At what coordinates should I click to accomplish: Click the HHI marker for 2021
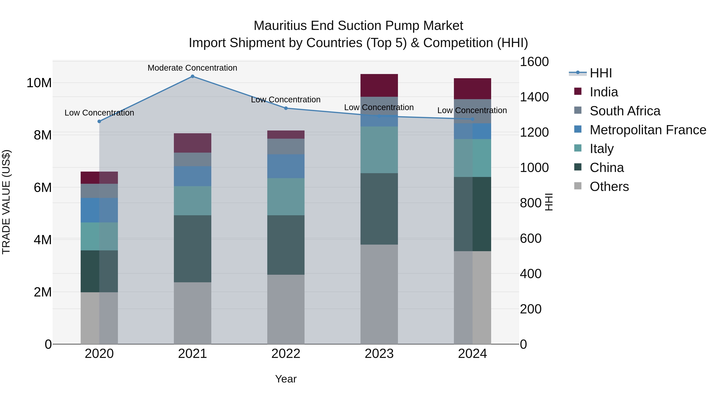192,76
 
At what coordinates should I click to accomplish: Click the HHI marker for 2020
99,121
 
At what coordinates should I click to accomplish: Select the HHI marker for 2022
286,108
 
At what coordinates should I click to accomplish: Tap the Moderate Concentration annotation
192,68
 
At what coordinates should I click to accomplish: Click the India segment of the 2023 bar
379,85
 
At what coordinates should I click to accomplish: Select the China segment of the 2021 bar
192,249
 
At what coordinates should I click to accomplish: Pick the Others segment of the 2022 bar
286,309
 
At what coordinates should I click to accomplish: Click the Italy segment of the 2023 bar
379,150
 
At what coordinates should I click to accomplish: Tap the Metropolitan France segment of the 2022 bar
286,166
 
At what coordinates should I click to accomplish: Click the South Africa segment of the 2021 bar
192,159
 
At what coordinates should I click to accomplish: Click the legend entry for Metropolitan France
648,130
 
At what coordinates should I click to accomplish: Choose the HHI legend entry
600,73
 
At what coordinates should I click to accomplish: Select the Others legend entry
609,186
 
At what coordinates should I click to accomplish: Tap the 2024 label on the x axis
472,354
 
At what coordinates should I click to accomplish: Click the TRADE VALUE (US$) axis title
6,202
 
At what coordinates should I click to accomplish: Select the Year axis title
286,379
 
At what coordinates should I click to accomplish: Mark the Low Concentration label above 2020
99,113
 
